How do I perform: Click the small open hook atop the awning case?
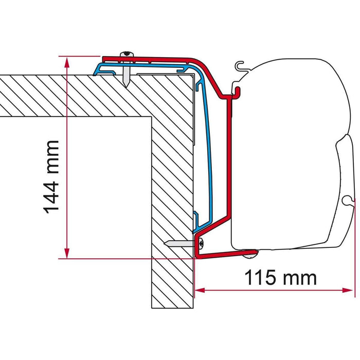point(238,65)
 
